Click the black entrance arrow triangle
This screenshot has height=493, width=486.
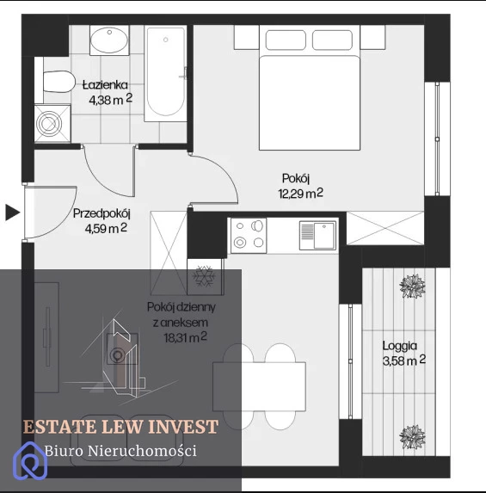tap(12, 213)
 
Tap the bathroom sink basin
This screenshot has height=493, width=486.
tap(109, 40)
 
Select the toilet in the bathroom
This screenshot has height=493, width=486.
tap(58, 82)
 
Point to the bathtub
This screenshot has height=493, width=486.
tap(165, 74)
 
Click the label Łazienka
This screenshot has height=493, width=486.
tap(105, 85)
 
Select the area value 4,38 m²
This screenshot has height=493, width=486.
tap(111, 100)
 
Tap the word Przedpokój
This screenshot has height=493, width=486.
tap(102, 213)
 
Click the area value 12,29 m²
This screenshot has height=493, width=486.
tap(300, 194)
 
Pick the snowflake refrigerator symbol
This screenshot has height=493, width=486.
tap(204, 276)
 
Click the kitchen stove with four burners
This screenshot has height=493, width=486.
tap(249, 236)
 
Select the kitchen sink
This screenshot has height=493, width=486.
tap(317, 235)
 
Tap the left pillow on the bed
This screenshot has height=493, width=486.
tap(286, 40)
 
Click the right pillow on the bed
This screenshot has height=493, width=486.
tap(332, 40)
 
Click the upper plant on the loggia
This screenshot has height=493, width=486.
tap(412, 286)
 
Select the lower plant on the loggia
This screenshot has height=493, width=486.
tap(412, 437)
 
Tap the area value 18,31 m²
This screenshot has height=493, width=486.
tap(185, 337)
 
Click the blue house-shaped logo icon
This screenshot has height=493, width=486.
tap(30, 460)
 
